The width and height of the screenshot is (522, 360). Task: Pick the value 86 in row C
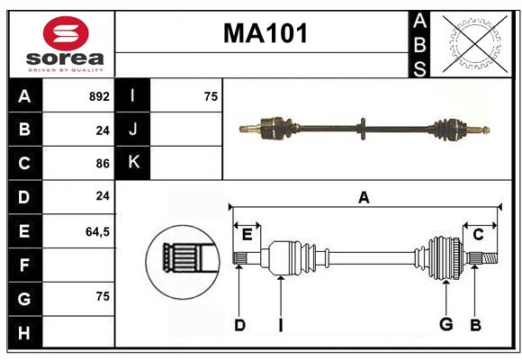(x=103, y=164)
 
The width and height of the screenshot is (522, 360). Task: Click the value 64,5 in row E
(x=97, y=231)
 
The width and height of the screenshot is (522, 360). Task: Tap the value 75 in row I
(x=211, y=96)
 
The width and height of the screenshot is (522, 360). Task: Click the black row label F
(x=25, y=265)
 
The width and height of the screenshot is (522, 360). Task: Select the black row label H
(x=25, y=333)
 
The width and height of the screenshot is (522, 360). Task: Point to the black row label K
(x=133, y=163)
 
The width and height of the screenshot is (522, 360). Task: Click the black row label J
(x=133, y=130)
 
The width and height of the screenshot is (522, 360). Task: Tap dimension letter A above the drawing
(x=364, y=197)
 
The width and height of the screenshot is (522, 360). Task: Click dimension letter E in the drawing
(x=247, y=235)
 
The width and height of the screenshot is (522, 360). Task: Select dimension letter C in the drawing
(x=479, y=235)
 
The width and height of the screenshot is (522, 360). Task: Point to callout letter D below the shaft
(x=239, y=325)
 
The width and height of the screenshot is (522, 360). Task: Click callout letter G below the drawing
(x=445, y=325)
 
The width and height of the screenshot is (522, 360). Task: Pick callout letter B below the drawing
(x=475, y=325)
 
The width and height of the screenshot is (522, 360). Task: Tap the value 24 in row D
(x=103, y=197)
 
